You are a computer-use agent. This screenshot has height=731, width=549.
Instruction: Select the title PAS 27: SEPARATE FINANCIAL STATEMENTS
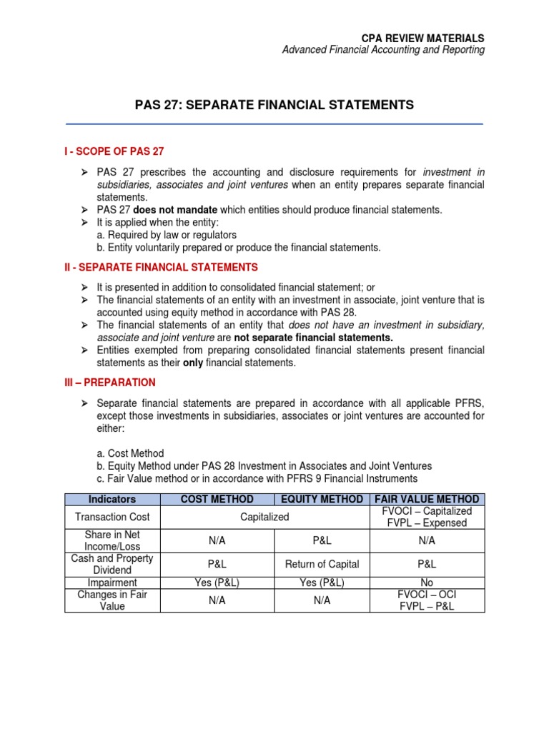[274, 105]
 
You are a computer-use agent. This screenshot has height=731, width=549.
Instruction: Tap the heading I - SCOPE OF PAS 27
[115, 151]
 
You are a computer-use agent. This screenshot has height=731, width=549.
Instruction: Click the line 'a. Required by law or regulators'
[167, 235]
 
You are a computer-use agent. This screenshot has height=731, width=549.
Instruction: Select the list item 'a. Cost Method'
[130, 453]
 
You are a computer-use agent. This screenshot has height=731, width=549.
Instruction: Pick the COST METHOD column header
[217, 499]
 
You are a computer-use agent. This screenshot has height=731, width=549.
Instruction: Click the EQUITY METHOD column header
[322, 499]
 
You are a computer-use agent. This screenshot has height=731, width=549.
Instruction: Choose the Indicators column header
[112, 499]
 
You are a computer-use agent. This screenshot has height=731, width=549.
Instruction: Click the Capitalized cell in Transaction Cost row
[264, 517]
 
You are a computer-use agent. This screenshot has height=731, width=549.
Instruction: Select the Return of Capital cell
[322, 564]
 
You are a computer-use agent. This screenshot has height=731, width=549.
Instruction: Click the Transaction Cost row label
[112, 517]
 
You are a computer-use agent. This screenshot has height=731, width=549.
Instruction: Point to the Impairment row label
[112, 583]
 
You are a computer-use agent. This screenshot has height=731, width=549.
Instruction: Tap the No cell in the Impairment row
[427, 583]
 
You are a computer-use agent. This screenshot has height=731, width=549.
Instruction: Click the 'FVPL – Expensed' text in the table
[427, 523]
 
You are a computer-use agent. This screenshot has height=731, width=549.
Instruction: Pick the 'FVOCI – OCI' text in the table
[427, 594]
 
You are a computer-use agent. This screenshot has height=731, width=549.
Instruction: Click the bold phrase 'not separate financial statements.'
[314, 337]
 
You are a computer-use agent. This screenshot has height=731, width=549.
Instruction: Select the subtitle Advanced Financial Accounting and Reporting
[383, 50]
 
